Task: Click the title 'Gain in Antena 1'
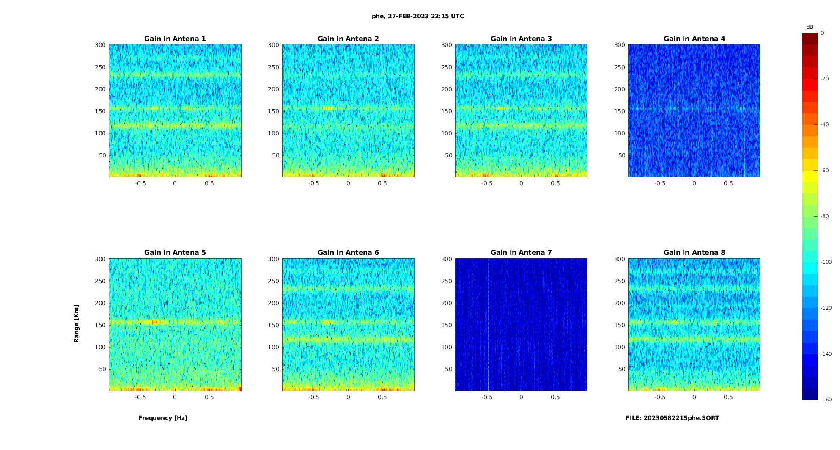(x=175, y=39)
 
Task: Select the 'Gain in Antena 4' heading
(x=694, y=39)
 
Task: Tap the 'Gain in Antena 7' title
(x=521, y=252)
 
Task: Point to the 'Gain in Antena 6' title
(x=348, y=252)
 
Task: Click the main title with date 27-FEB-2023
(x=418, y=16)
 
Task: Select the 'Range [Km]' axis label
(x=76, y=324)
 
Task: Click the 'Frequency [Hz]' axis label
(x=163, y=418)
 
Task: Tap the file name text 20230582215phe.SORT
(x=672, y=418)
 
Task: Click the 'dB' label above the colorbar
(x=810, y=27)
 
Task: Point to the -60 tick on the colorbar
(x=825, y=171)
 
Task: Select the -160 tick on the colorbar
(x=826, y=400)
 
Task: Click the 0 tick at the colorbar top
(x=822, y=33)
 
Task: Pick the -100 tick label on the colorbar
(x=826, y=262)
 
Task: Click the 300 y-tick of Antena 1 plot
(x=100, y=45)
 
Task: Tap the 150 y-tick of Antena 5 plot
(x=100, y=325)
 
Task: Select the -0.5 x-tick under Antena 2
(x=313, y=183)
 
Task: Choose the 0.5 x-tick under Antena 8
(x=728, y=397)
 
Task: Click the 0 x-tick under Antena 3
(x=521, y=183)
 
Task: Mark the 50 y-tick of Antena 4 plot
(x=622, y=155)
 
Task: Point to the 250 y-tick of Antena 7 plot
(x=447, y=281)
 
